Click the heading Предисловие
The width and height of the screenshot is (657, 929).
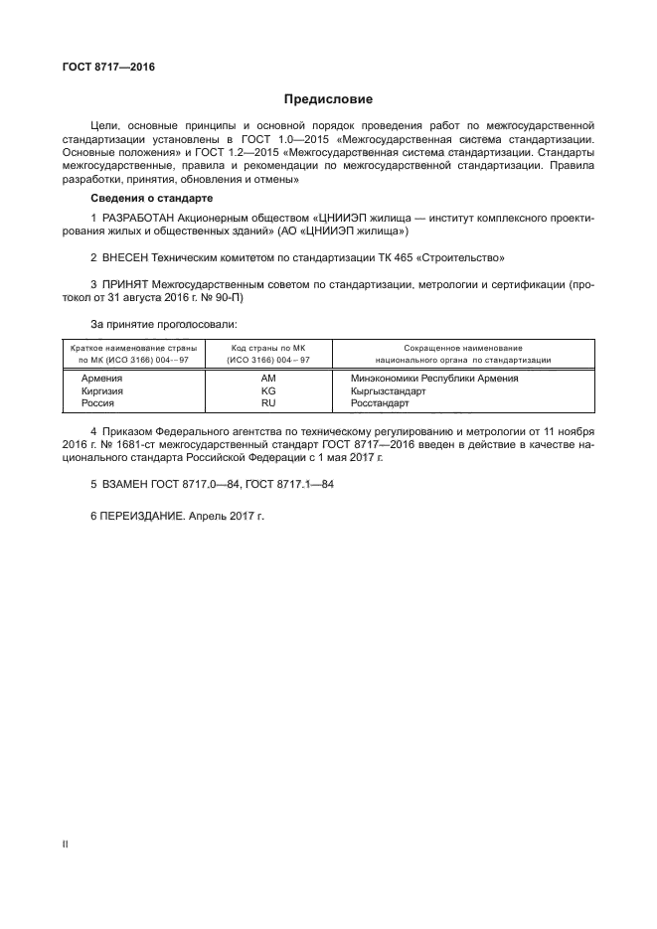coord(328,99)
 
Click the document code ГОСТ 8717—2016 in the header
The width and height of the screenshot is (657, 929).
coord(102,68)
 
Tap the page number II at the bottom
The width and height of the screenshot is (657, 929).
coord(65,845)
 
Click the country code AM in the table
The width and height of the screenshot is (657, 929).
coord(267,379)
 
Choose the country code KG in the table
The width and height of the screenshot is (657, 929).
coord(267,391)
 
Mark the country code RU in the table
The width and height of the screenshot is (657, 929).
coord(267,404)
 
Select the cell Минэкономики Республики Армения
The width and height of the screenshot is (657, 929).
coord(434,379)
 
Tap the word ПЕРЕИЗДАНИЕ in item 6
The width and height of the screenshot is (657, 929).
coord(141,517)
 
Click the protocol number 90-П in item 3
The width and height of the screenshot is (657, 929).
coord(228,297)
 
